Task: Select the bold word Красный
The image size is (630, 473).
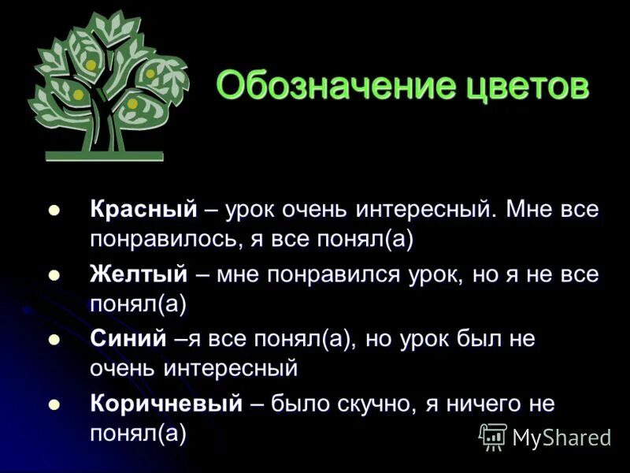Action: click(x=143, y=210)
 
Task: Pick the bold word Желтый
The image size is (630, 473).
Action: click(x=139, y=275)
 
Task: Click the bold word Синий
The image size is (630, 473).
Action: click(x=128, y=340)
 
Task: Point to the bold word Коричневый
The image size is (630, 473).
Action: click(x=165, y=404)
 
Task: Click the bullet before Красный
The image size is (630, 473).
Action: click(x=54, y=210)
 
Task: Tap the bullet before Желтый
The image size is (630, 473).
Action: click(x=54, y=275)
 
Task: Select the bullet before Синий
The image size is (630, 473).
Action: click(x=54, y=340)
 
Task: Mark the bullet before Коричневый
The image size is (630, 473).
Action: click(x=54, y=404)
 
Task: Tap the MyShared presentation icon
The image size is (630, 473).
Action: click(x=493, y=436)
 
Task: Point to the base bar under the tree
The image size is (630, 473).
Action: click(x=104, y=155)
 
